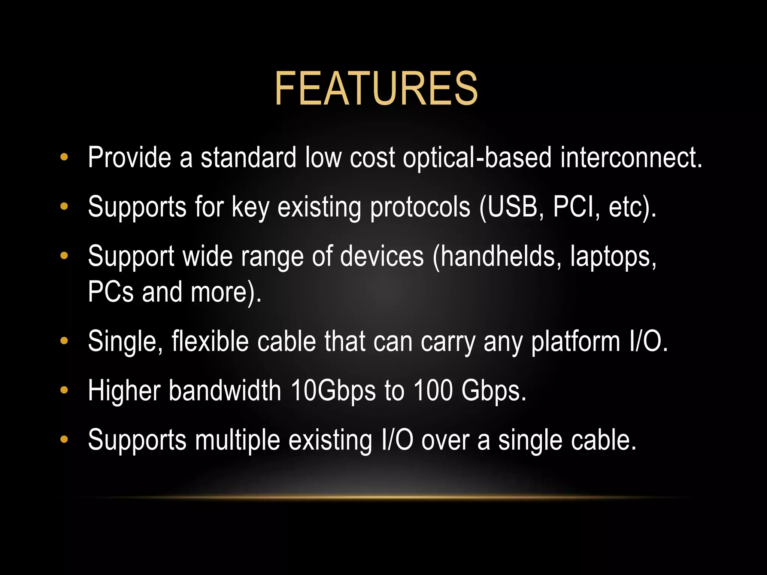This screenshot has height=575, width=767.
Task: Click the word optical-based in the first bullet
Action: click(x=477, y=158)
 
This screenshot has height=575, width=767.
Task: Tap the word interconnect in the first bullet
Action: click(x=631, y=158)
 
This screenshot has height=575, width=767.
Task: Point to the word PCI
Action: click(x=573, y=207)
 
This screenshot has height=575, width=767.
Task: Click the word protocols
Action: click(x=420, y=207)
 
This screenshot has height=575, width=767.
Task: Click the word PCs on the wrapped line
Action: click(x=110, y=292)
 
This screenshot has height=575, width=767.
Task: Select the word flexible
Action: click(x=210, y=341)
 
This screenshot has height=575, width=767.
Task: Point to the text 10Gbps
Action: click(x=333, y=391)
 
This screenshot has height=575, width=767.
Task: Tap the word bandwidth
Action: click(x=225, y=390)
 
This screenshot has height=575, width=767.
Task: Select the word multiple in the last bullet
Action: click(x=237, y=440)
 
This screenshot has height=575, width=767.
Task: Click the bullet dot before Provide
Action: click(x=64, y=157)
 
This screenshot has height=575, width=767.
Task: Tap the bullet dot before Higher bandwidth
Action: click(x=64, y=390)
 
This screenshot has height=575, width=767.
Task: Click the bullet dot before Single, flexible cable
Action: click(x=64, y=341)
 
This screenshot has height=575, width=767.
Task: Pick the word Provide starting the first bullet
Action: click(x=129, y=158)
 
